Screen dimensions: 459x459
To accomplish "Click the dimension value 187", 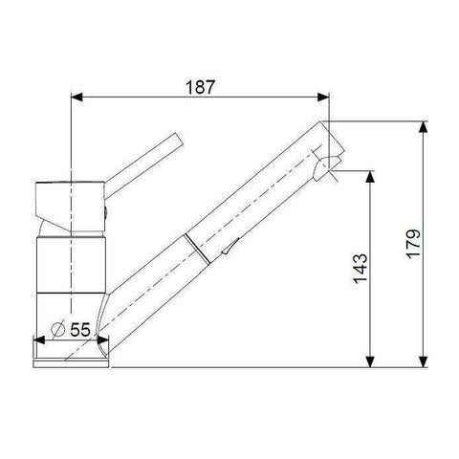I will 198,86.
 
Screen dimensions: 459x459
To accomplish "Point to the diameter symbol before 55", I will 56,328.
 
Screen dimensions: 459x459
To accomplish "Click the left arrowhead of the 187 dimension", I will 77,97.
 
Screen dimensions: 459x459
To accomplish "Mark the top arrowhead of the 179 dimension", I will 424,126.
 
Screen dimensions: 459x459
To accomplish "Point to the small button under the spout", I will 225,251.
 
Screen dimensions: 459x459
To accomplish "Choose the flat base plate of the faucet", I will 72,359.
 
